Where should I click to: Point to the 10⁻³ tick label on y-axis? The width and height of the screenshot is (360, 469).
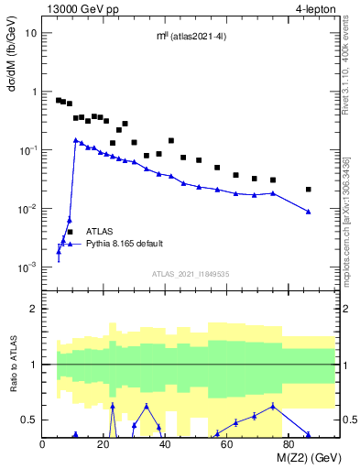click(x=28, y=267)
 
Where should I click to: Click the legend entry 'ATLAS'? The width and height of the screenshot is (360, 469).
click(x=99, y=233)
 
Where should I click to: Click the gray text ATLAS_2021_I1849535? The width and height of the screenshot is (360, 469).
click(x=191, y=274)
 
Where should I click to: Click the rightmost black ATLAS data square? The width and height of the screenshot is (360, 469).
click(x=309, y=190)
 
